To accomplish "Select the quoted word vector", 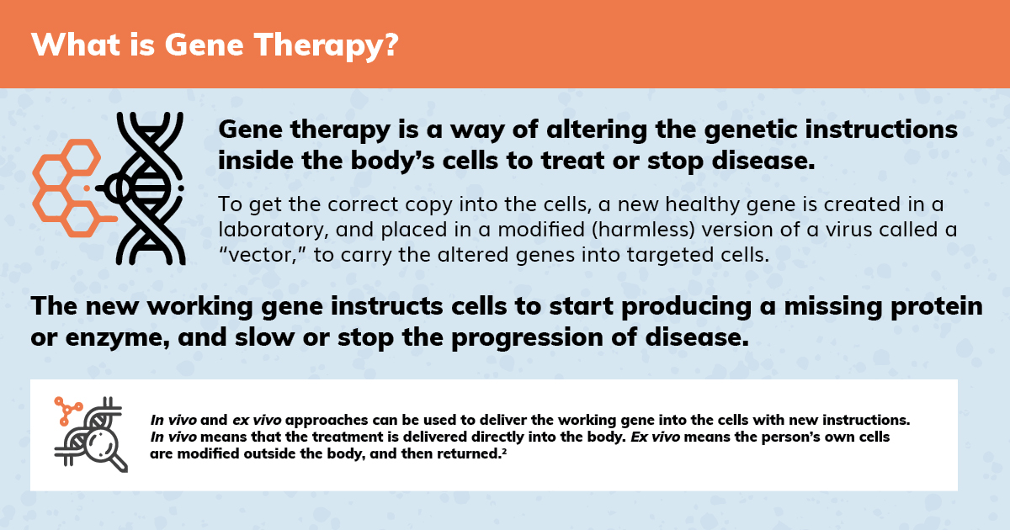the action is click(263, 255).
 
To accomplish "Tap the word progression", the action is click(527, 339).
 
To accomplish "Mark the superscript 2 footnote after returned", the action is click(504, 450).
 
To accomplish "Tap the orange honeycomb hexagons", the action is click(68, 188).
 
